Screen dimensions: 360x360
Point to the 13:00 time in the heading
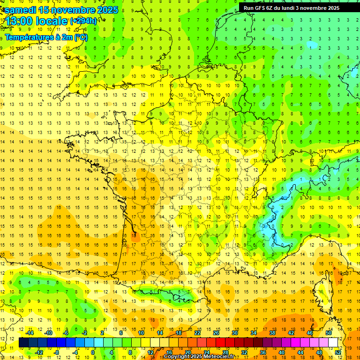(19, 22)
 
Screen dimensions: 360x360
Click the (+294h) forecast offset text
(83, 21)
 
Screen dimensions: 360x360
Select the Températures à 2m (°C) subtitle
(46, 37)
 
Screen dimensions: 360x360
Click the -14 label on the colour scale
(30, 333)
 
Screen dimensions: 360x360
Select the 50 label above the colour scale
(328, 333)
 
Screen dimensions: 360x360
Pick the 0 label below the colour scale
(93, 352)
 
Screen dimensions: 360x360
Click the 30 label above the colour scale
(234, 333)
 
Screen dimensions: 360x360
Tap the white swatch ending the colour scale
(333, 343)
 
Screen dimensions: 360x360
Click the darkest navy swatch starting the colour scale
(23, 343)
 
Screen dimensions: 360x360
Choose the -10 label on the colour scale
(48, 333)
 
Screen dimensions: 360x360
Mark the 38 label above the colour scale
(272, 333)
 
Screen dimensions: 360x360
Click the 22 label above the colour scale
(197, 333)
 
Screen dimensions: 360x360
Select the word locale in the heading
(52, 22)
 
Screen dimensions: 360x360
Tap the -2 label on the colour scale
(84, 333)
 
